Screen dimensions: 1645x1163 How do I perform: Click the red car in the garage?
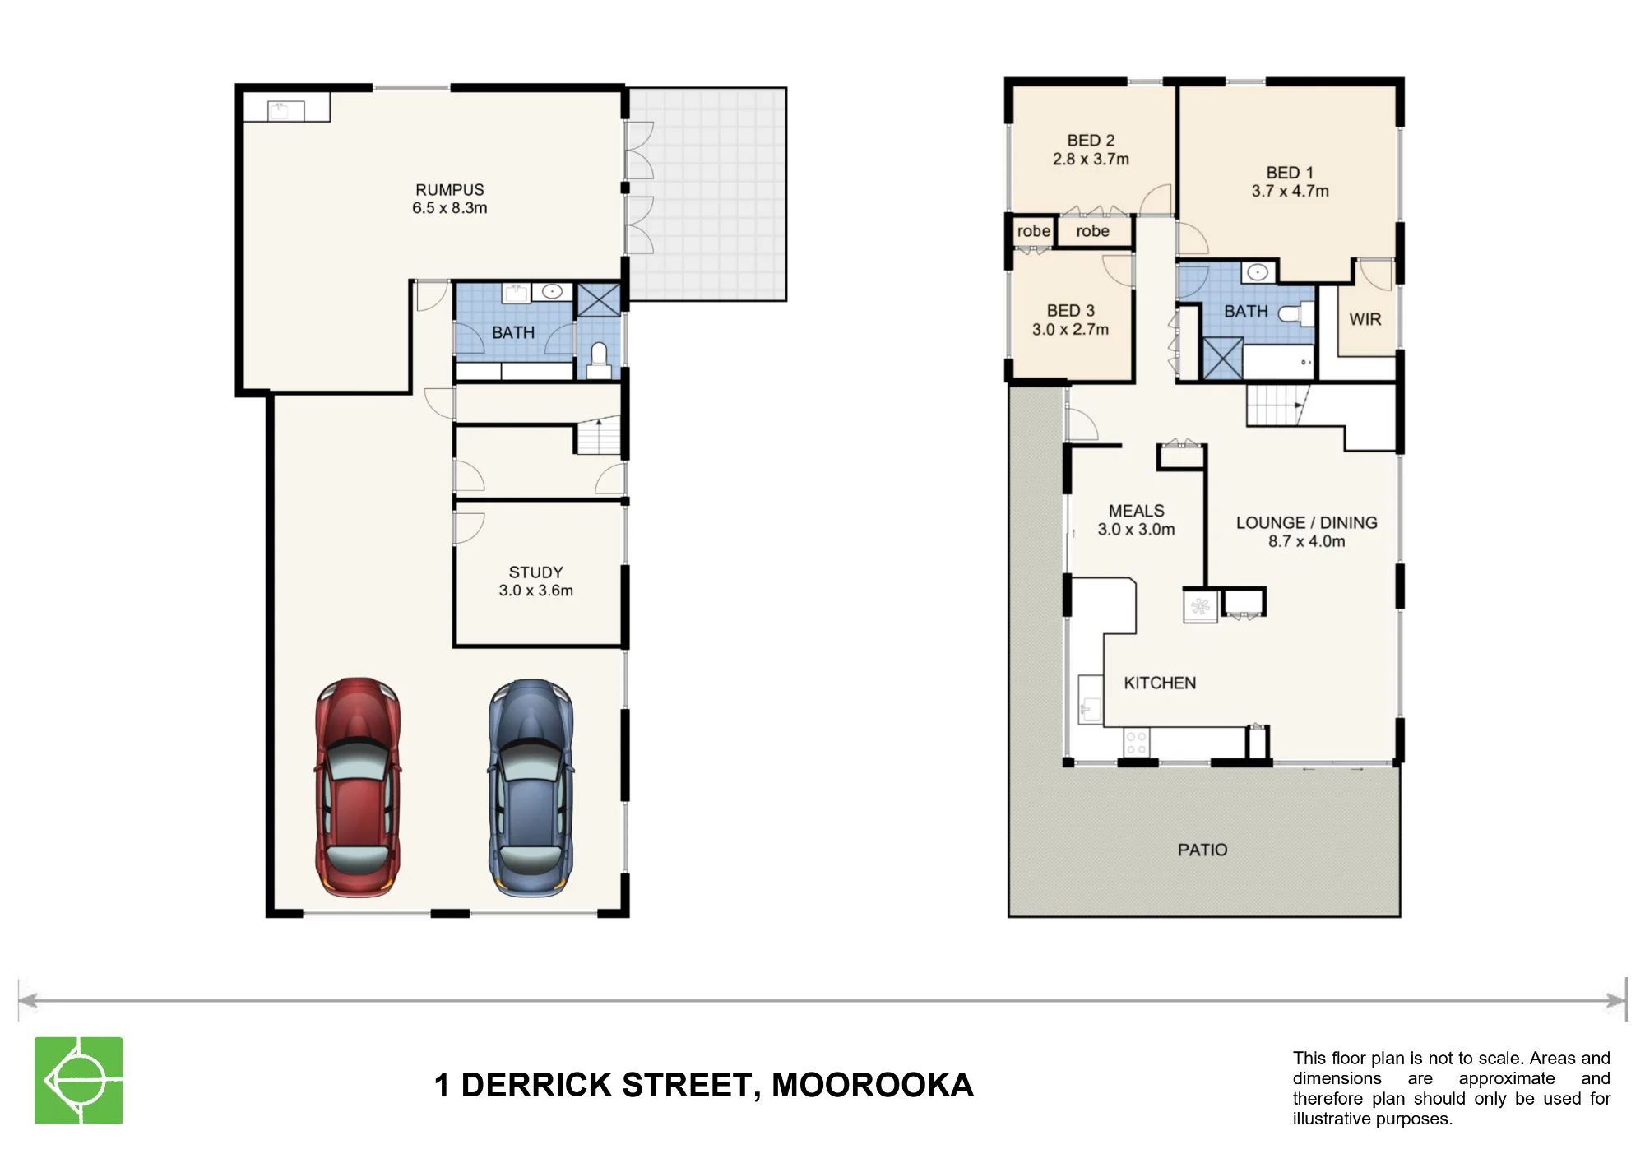358,787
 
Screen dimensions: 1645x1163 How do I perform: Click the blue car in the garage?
531,787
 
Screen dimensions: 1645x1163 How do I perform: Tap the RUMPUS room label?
449,190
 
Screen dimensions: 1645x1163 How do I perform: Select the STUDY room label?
535,572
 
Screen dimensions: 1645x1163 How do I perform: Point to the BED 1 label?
1290,173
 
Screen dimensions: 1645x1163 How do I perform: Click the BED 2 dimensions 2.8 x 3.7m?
1091,160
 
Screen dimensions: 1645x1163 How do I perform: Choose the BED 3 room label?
1070,311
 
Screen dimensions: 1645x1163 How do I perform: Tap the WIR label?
1365,319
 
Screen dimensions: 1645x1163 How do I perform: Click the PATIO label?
1202,850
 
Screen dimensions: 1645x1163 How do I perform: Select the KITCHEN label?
1160,683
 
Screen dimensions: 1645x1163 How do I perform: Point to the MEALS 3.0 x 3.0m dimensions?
1136,530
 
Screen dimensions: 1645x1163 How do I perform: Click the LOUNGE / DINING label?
1306,522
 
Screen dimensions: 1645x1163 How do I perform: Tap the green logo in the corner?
78,1080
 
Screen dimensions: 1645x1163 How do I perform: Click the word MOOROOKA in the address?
872,1085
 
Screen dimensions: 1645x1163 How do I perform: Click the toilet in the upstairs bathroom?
1296,313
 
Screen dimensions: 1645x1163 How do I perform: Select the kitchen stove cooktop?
1136,743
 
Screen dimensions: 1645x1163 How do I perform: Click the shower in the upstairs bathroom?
1222,358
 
